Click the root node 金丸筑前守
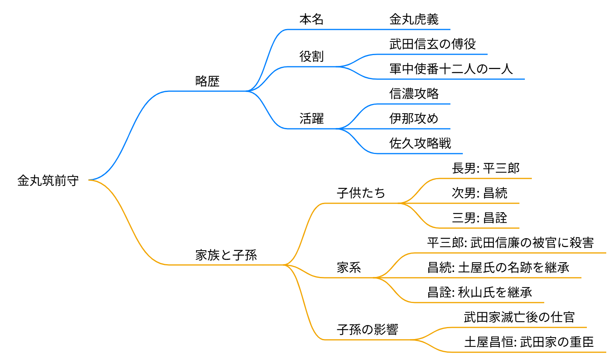[x=48, y=180]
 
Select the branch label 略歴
[x=207, y=81]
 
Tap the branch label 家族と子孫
[x=226, y=255]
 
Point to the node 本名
[x=311, y=19]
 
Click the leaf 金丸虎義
[x=414, y=19]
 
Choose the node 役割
[x=311, y=57]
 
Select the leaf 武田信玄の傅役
[x=432, y=44]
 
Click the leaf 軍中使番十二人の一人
[x=451, y=69]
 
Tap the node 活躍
[x=311, y=119]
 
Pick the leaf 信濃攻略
[x=414, y=94]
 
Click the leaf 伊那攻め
[x=414, y=119]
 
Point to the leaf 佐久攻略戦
[x=420, y=144]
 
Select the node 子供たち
[x=361, y=193]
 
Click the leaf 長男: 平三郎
[x=485, y=168]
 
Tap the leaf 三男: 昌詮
[x=479, y=218]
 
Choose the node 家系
[x=348, y=267]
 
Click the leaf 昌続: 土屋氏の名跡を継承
[x=498, y=267]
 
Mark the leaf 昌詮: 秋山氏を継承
[x=479, y=292]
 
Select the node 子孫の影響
[x=367, y=329]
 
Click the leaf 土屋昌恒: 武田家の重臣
[x=529, y=342]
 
